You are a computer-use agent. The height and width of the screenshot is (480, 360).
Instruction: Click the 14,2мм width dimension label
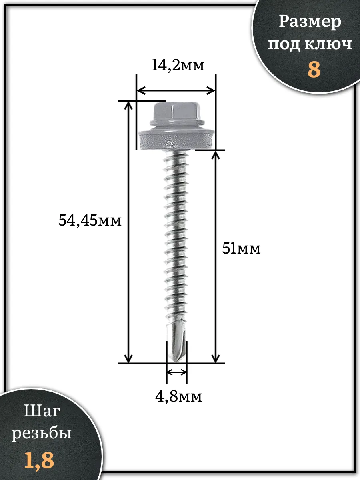coord(178,65)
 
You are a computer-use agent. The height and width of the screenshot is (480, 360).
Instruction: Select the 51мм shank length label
coord(241,249)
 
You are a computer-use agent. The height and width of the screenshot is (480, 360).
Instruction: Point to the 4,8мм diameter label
coord(178,396)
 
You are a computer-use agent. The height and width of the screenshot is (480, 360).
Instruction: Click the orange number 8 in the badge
coord(314,69)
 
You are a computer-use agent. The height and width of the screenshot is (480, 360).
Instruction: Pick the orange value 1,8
coord(39,460)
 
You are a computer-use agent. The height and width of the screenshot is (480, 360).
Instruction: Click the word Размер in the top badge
coord(310,22)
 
